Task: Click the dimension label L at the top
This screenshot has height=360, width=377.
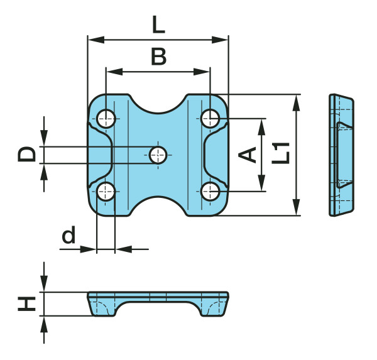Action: click(158, 25)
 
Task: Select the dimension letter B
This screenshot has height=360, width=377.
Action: click(159, 57)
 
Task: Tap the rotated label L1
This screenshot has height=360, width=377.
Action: click(281, 153)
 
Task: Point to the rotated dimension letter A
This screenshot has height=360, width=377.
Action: click(247, 155)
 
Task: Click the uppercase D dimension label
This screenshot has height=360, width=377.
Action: click(26, 154)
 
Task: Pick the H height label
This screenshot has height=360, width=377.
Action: click(26, 304)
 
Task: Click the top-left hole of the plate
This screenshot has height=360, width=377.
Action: click(106, 119)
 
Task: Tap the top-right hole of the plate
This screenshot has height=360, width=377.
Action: click(210, 118)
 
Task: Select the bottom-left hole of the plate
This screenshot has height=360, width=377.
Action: click(106, 192)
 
